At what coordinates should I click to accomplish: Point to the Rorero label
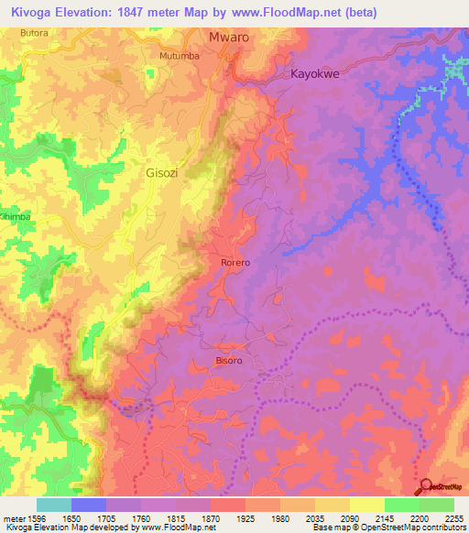(235, 263)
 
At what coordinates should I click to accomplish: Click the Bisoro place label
(229, 361)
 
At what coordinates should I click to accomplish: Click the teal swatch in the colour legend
(54, 505)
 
